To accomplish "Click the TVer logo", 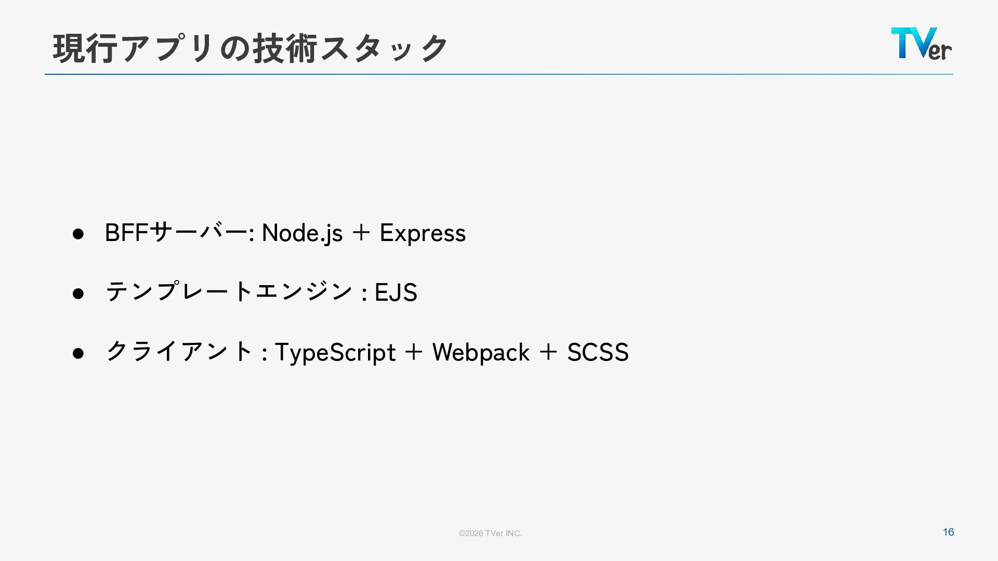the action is point(921,44).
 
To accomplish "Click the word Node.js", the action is point(302,233).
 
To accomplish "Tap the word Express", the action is point(423,233).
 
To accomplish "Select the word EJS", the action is point(396,293).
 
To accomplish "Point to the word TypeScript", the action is point(335,353).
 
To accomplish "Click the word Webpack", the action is point(481,353).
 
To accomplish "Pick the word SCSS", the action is point(598,353).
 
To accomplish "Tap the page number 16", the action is point(948,532).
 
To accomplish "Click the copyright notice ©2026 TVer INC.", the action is point(490,533).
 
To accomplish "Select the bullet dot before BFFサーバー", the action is point(78,234).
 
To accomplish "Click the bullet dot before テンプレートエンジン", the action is point(78,293).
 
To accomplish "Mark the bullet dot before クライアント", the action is point(78,353).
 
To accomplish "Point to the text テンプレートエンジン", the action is point(229,292).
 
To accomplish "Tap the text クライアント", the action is point(179,352).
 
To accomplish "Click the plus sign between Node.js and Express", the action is point(361,233).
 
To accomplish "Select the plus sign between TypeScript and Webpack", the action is point(414,352).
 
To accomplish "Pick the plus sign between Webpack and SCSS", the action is point(548,352).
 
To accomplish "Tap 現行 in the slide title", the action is point(86,48).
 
